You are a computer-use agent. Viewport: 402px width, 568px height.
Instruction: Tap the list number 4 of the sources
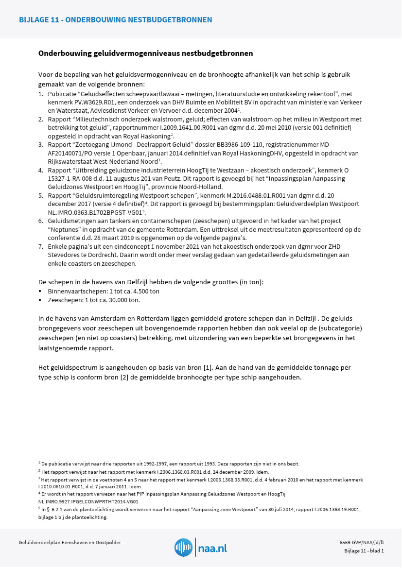pyautogui.click(x=41, y=171)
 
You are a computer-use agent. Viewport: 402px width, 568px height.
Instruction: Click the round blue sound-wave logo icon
pyautogui.click(x=183, y=547)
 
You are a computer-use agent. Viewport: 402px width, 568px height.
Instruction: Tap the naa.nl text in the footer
pyautogui.click(x=212, y=549)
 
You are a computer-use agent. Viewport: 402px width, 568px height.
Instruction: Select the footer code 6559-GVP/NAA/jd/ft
pyautogui.click(x=361, y=542)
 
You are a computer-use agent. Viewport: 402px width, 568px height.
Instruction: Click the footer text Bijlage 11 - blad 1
pyautogui.click(x=364, y=551)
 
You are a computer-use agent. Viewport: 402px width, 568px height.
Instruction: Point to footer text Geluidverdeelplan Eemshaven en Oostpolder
pyautogui.click(x=70, y=542)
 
